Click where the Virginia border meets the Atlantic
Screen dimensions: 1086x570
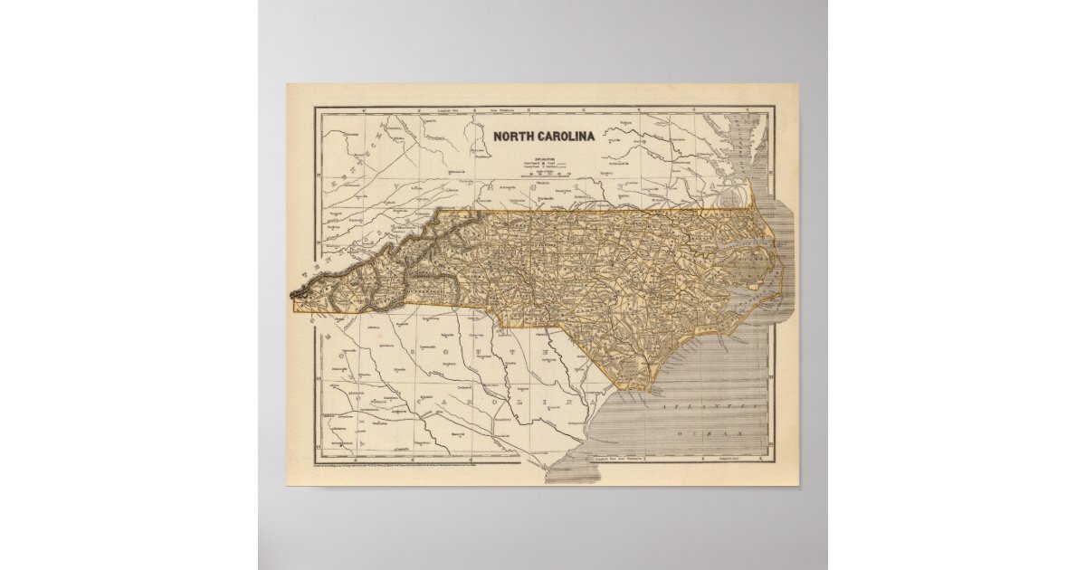pyautogui.click(x=754, y=206)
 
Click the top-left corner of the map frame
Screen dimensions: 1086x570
pyautogui.click(x=315, y=109)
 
